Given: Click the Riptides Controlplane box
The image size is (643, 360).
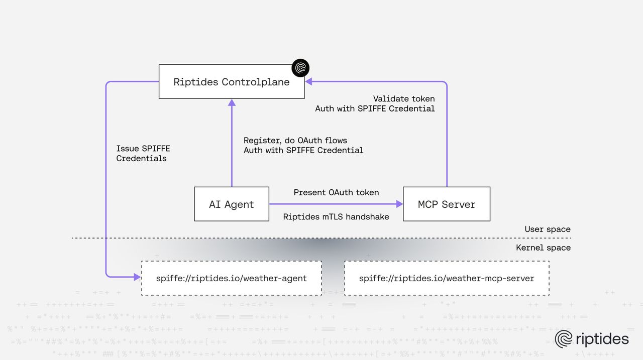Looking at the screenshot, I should click(x=232, y=82).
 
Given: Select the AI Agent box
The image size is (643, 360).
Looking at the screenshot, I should click(x=232, y=204).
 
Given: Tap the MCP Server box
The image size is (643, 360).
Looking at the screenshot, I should click(x=447, y=204).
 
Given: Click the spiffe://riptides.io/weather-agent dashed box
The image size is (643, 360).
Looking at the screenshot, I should click(x=232, y=278).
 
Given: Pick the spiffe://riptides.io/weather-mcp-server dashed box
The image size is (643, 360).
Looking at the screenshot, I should click(x=447, y=278).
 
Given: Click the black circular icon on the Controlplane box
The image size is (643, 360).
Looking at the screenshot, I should click(x=301, y=68).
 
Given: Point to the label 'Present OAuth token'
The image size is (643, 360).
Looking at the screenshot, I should click(x=336, y=192).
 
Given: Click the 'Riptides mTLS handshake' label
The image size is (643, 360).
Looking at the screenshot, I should click(x=336, y=217).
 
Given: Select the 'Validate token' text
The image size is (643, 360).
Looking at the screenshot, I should click(x=404, y=99).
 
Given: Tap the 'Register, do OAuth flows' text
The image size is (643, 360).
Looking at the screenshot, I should click(x=295, y=140).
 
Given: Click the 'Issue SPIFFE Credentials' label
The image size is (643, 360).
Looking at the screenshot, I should click(x=143, y=154).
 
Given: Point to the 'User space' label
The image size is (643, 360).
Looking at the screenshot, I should click(x=548, y=229).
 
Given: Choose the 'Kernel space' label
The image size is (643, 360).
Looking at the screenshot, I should click(x=544, y=248).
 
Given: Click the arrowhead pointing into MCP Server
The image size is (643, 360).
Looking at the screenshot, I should click(x=400, y=204).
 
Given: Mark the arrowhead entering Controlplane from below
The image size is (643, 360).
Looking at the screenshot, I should click(x=232, y=102).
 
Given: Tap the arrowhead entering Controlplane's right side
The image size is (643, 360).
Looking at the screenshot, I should click(x=309, y=81).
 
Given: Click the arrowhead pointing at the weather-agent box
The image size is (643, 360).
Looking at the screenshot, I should click(x=137, y=277).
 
